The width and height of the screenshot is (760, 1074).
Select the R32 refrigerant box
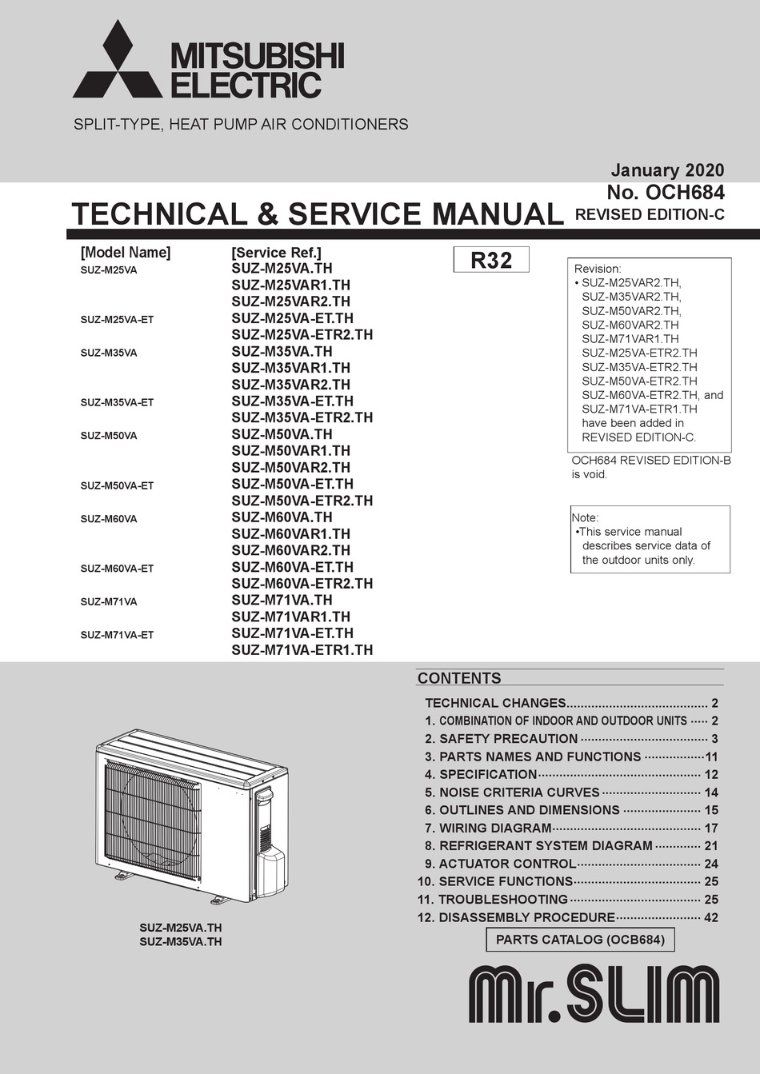[x=491, y=260]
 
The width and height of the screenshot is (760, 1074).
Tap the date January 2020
[x=667, y=170]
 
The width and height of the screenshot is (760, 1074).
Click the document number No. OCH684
[x=666, y=192]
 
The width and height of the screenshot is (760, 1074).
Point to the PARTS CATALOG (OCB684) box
[x=580, y=939]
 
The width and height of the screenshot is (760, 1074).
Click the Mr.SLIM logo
[x=594, y=995]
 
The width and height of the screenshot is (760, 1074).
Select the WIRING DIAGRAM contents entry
[x=496, y=828]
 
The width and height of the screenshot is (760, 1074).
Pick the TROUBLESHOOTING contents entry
[x=502, y=900]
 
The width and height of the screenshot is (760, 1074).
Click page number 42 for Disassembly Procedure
[x=711, y=917]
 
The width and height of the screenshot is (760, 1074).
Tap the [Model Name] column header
[x=126, y=253]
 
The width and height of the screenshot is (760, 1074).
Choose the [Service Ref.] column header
[x=276, y=253]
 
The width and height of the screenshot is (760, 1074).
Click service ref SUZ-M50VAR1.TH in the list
[x=290, y=451]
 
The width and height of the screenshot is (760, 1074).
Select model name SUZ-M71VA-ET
[x=117, y=635]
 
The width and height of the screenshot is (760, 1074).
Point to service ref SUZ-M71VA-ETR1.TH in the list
[x=302, y=650]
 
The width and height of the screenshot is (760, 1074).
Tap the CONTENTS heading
[x=459, y=678]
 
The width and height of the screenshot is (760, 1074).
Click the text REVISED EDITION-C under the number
[x=650, y=214]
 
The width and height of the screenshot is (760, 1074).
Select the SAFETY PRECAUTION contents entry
[x=508, y=739]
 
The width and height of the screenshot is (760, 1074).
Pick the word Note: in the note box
[x=586, y=517]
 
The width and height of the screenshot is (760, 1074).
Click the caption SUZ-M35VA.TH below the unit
[x=181, y=941]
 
